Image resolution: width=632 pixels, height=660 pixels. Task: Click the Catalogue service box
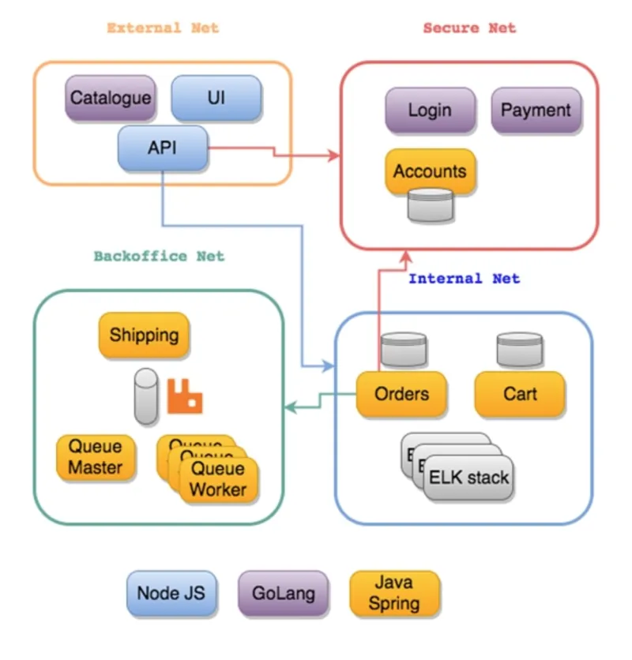[111, 99]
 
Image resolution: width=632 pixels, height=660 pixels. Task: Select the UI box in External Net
[216, 99]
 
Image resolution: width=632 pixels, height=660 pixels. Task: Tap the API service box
[163, 148]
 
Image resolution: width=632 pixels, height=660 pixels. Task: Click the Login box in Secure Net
[431, 111]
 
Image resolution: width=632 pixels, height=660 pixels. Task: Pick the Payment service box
[536, 111]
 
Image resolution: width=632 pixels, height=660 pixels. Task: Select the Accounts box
[431, 171]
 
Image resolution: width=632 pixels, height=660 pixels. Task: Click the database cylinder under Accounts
[431, 204]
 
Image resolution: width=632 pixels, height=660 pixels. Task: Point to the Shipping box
[144, 335]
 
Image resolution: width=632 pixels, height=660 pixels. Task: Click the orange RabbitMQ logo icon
[185, 396]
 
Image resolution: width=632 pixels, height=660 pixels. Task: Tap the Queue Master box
[96, 457]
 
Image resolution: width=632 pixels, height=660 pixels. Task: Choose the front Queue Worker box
[218, 479]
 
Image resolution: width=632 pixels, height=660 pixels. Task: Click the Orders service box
[401, 394]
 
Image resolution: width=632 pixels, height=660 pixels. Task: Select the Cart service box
[520, 394]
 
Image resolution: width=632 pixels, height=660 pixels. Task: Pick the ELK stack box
[468, 478]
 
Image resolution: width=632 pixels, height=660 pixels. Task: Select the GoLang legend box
[283, 594]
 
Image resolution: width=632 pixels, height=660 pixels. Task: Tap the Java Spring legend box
[394, 594]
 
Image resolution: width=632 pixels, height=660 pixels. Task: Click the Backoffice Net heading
[159, 256]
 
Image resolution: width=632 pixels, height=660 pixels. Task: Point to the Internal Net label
[464, 278]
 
